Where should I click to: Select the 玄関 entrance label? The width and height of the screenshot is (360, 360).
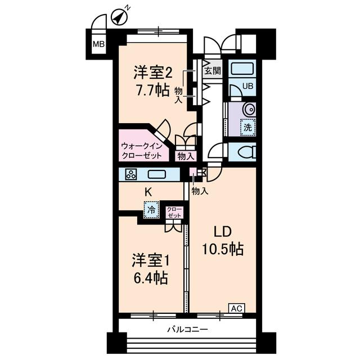point(213,71)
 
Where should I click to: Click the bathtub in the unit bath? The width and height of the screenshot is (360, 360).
point(243,70)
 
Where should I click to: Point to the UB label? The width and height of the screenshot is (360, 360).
point(247,86)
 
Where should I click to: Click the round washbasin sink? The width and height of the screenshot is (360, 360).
point(249,109)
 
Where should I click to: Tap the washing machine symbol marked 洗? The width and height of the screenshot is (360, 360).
point(247,127)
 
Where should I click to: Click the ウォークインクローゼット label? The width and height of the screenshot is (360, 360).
point(142,150)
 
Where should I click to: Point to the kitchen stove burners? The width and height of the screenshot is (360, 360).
point(131,174)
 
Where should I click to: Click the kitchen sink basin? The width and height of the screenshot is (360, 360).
point(157,174)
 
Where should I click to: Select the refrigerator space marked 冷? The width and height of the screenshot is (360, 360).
point(151,210)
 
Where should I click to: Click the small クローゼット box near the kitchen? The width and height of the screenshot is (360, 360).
point(174,213)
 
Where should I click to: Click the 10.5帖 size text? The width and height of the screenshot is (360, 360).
point(223,249)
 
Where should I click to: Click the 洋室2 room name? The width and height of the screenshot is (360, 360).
point(152,73)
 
